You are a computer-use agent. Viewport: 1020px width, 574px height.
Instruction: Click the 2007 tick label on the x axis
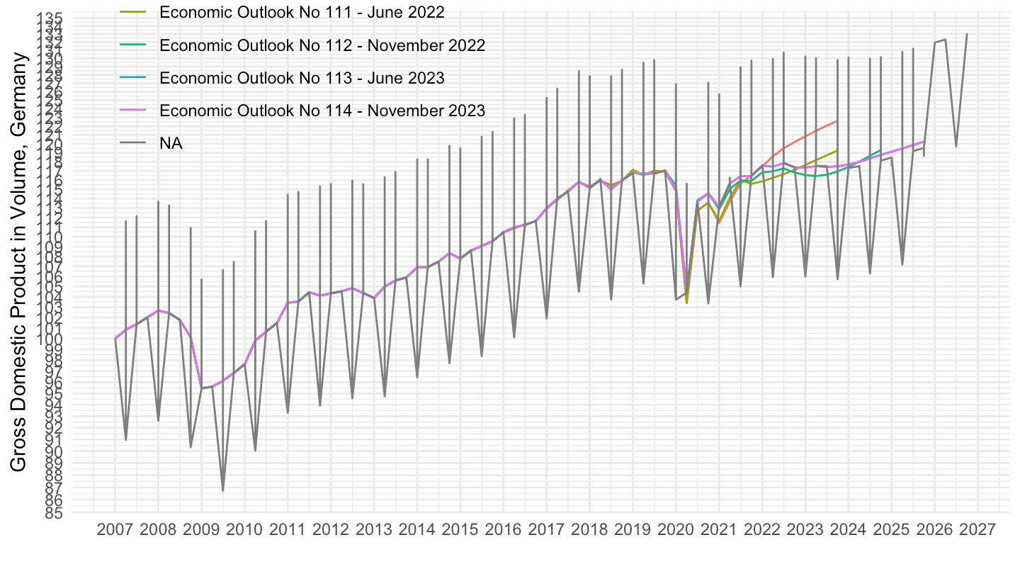[115, 530]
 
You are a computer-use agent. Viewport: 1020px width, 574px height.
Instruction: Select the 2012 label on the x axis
[331, 530]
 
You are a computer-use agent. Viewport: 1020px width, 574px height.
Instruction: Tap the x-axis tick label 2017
[546, 530]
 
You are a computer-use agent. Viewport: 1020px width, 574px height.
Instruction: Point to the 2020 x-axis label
[676, 530]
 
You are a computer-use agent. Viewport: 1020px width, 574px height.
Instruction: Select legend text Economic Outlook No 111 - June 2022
[302, 12]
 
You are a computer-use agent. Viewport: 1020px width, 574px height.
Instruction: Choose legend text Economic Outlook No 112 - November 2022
[322, 45]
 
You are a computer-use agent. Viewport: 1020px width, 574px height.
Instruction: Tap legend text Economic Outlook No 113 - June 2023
[302, 78]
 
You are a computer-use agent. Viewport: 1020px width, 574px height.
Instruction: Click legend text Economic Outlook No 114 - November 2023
[322, 111]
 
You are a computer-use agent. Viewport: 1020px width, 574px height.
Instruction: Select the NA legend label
[171, 143]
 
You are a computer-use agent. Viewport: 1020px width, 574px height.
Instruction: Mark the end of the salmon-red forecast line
[837, 121]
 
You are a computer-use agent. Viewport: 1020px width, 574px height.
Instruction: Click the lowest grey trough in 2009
[223, 491]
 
